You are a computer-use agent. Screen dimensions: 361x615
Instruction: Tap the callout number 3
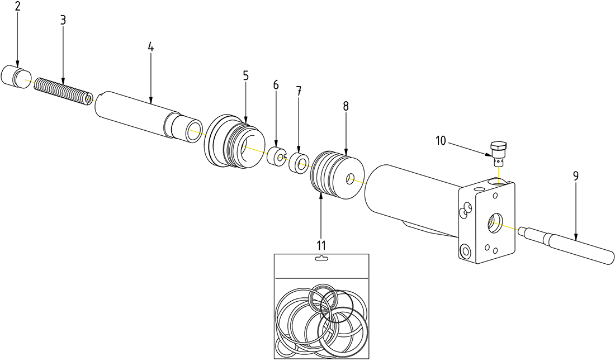[x=63, y=20]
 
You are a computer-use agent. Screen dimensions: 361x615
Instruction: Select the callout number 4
[x=150, y=47]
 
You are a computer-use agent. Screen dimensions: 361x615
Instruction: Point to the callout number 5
[x=246, y=76]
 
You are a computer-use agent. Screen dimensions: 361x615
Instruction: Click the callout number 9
[x=575, y=176]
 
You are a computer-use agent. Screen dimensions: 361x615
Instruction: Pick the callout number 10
[x=440, y=141]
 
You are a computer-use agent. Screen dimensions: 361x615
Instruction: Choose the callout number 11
[x=321, y=244]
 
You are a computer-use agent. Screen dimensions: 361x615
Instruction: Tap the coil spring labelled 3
[x=63, y=92]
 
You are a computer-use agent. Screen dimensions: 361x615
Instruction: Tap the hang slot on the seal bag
[x=321, y=258]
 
